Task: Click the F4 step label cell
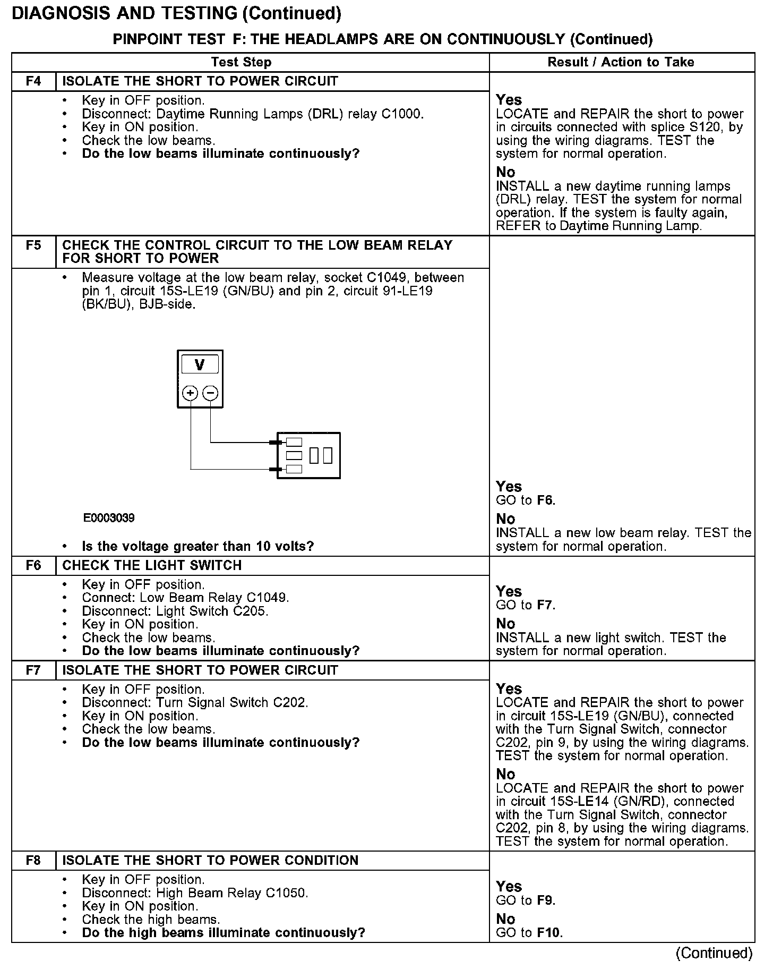(x=33, y=81)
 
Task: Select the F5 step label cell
(x=33, y=245)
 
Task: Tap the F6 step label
(x=33, y=565)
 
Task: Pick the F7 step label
(x=33, y=670)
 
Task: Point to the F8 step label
(x=33, y=861)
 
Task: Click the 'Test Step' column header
(x=241, y=62)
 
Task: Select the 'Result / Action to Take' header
(x=621, y=62)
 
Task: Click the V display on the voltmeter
(x=200, y=365)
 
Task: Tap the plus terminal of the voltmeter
(x=190, y=393)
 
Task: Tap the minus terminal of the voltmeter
(x=211, y=393)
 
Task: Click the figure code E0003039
(x=109, y=518)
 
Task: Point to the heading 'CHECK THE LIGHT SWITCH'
(x=152, y=565)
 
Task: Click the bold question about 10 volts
(x=198, y=546)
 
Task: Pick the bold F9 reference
(x=546, y=900)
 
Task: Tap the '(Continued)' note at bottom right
(x=714, y=954)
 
